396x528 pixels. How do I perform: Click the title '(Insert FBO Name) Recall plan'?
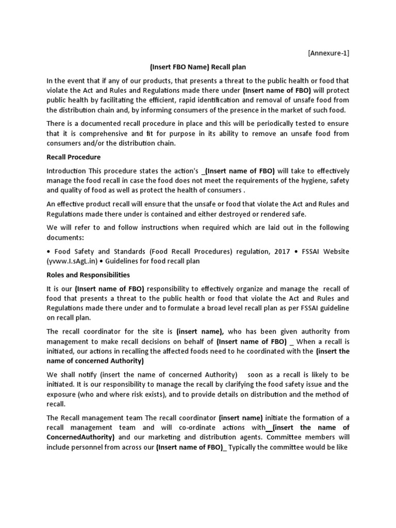coord(197,67)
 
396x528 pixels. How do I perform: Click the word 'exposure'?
coord(61,385)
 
